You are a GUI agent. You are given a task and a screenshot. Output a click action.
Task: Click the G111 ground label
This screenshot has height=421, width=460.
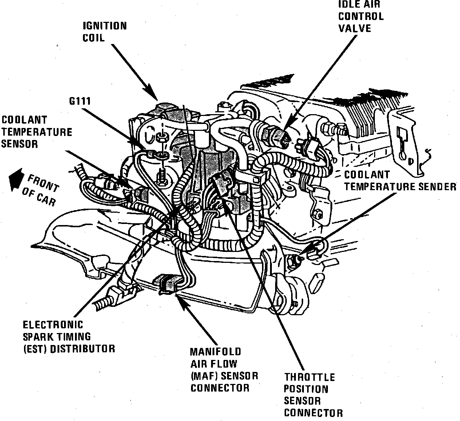[x=80, y=101]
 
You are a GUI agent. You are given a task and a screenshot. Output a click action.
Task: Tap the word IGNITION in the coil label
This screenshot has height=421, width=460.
[x=105, y=26]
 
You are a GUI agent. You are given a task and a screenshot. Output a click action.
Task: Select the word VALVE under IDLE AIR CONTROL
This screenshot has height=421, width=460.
[x=355, y=28]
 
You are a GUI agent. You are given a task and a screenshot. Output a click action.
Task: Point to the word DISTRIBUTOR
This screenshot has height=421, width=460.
[x=83, y=349]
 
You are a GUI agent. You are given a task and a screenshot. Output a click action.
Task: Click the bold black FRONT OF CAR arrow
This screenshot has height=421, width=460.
[x=16, y=180]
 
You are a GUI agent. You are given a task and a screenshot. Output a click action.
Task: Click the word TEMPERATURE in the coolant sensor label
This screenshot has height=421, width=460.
[x=37, y=132]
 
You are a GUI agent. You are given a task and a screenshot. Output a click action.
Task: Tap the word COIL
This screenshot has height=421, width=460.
[x=94, y=38]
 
